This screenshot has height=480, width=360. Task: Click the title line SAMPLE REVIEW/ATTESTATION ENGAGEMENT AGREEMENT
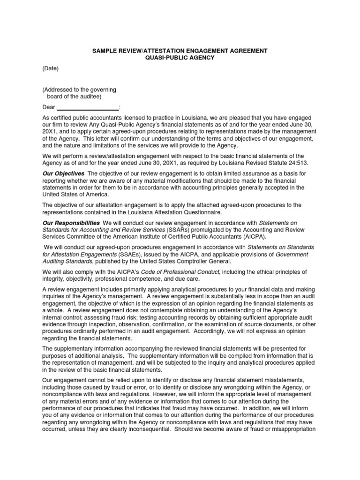(180, 50)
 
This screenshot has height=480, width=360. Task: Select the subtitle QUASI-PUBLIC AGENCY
(180, 57)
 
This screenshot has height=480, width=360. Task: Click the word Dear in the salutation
(49, 107)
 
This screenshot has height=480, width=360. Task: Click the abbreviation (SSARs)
(177, 230)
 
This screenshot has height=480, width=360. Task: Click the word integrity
(54, 278)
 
